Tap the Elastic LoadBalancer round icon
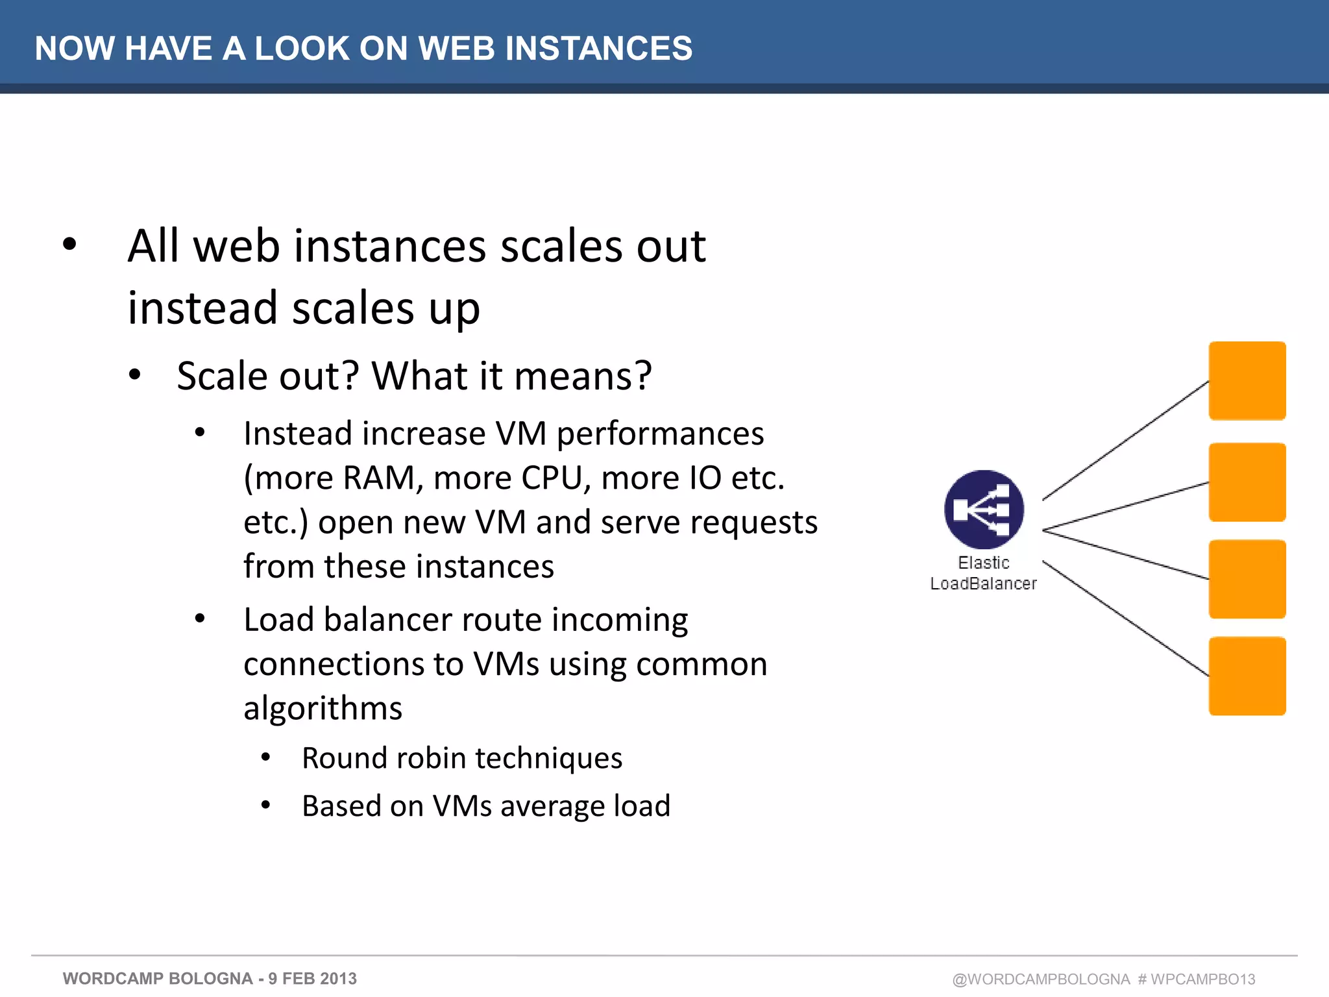(984, 510)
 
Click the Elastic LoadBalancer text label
(983, 573)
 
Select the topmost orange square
(1247, 381)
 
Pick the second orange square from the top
(1247, 482)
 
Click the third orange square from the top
(1247, 579)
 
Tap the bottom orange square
(1247, 676)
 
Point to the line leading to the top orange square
(1126, 440)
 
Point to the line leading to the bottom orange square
(1126, 619)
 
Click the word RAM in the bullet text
(382, 478)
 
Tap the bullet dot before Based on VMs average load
(265, 806)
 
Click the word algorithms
(323, 708)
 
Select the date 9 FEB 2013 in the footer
(312, 978)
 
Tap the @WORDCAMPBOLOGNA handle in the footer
(1041, 979)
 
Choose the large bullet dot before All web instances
(69, 245)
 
